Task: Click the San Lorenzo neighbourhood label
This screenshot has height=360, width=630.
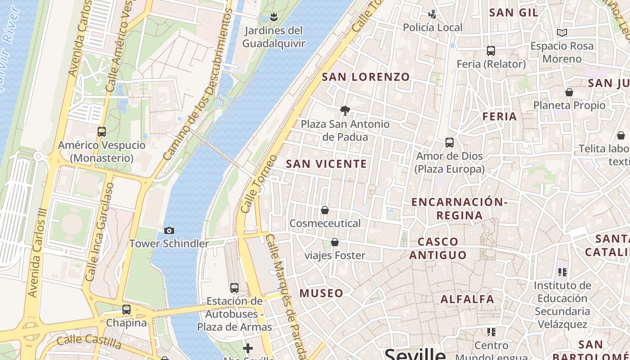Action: (x=366, y=77)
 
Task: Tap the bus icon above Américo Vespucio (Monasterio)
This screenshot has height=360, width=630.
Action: (x=102, y=132)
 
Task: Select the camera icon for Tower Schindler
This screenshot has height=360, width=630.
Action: (x=169, y=231)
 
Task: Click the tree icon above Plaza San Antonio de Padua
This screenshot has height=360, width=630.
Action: (x=345, y=110)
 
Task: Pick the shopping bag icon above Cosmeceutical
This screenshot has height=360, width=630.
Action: (x=325, y=210)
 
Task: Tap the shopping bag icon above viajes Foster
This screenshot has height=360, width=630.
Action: (x=335, y=242)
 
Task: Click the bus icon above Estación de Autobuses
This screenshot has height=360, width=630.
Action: (x=234, y=288)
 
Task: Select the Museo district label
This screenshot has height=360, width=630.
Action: (x=321, y=293)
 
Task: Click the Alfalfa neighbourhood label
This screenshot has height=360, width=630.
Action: (x=468, y=299)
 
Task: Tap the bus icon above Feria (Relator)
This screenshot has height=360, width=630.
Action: (x=491, y=51)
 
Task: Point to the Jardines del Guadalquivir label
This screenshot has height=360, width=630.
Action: (x=274, y=37)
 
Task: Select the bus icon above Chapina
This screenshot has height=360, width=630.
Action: (x=126, y=310)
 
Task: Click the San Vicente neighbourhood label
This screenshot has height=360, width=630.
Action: (x=327, y=164)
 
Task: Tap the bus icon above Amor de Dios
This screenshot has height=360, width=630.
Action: (x=449, y=143)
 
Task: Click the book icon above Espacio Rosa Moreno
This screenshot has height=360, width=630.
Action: (x=562, y=32)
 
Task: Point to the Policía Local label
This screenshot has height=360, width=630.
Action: (x=432, y=27)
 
